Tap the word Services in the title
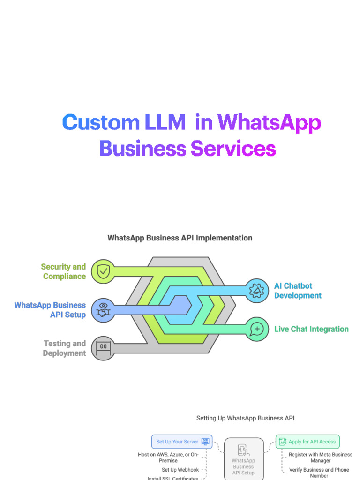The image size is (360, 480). point(233,149)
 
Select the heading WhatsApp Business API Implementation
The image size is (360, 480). point(180,238)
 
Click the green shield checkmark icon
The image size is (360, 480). point(103,271)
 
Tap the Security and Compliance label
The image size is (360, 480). point(64,271)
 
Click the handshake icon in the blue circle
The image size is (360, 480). point(103,309)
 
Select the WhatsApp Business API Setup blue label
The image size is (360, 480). point(50,310)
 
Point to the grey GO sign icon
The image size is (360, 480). point(103,348)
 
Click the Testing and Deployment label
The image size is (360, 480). point(65,348)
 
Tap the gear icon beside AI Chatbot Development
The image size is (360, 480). point(257,291)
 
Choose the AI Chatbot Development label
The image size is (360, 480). point(298,291)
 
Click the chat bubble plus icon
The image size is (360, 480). point(257,329)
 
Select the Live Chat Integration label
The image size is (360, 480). point(311,329)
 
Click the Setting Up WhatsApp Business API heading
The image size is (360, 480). point(245,418)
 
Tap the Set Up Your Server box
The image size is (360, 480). point(181,442)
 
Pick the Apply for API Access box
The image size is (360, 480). point(307,442)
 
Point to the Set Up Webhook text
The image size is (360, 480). point(180,470)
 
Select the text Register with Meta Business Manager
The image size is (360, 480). point(321,457)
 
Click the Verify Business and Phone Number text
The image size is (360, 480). point(319,472)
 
